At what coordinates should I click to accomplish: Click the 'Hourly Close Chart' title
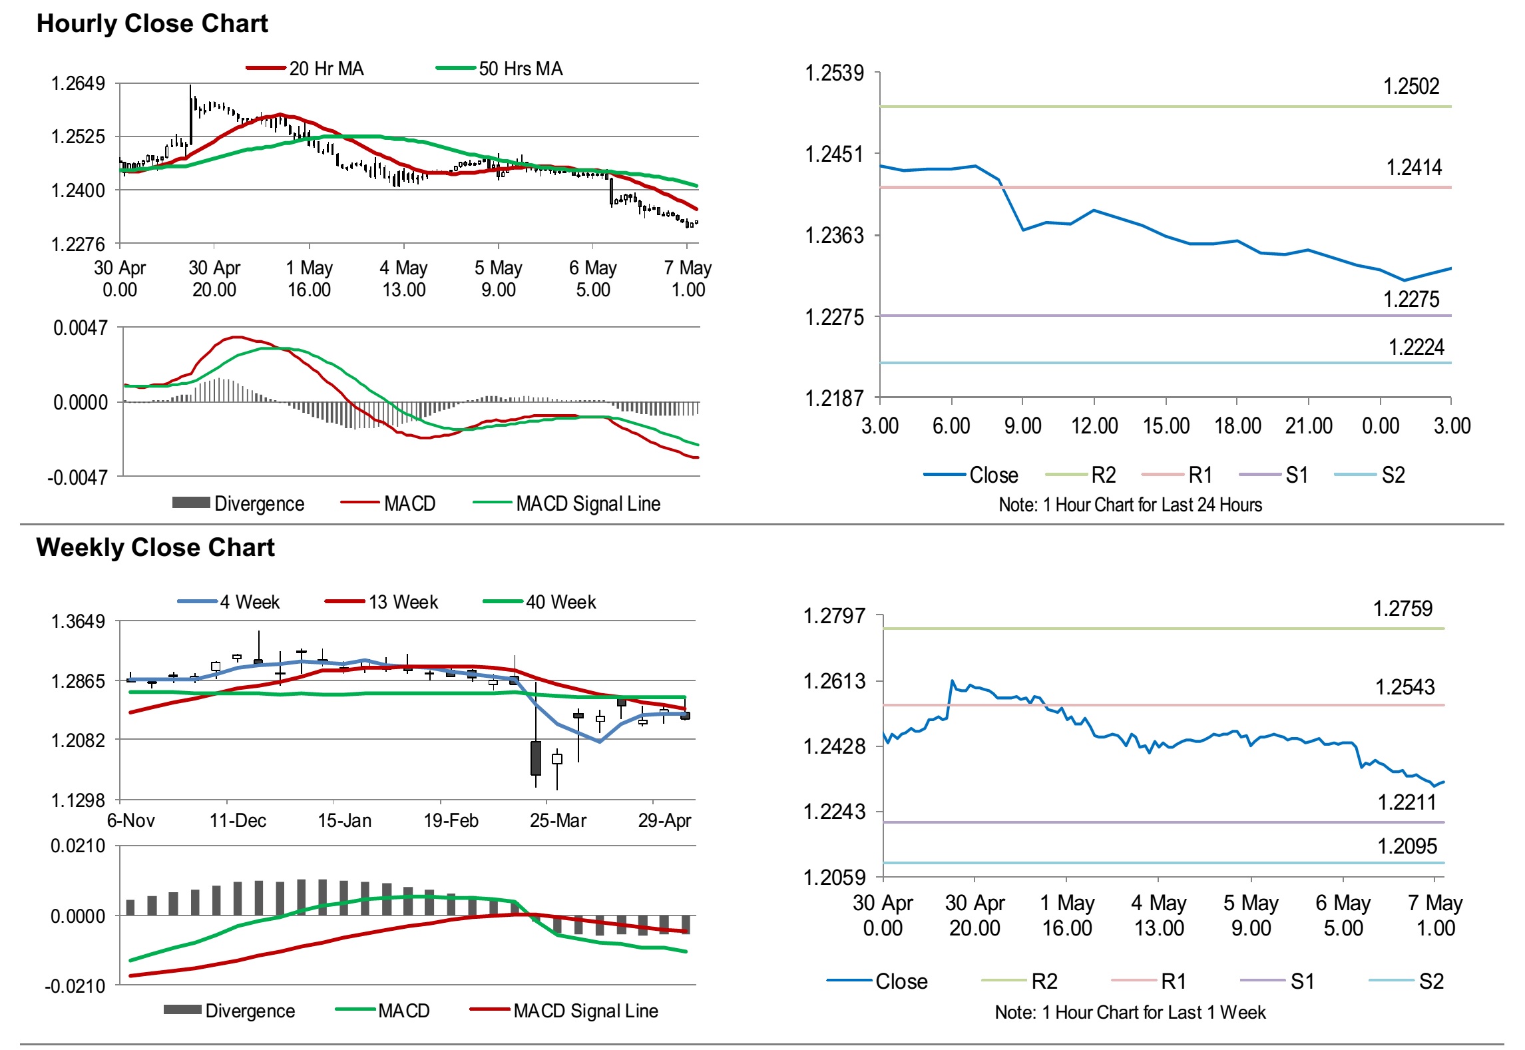coord(152,24)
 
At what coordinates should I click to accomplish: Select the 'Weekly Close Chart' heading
coord(155,547)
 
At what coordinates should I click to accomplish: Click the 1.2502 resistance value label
coord(1411,87)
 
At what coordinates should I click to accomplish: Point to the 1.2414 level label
coord(1413,168)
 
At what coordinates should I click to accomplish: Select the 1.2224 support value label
coord(1416,348)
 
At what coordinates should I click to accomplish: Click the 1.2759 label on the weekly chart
coord(1403,609)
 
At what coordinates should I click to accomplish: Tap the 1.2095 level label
coord(1407,846)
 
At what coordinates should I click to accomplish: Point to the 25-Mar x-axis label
coord(558,820)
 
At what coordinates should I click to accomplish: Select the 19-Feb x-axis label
coord(451,820)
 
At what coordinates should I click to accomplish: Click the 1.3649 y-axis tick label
coord(78,621)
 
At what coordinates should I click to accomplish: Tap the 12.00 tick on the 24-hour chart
coord(1094,426)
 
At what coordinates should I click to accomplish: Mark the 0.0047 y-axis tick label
coord(80,328)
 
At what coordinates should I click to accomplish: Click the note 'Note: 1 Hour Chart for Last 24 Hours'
coord(1130,505)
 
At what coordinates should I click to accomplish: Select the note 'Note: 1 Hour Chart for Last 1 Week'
coord(1130,1013)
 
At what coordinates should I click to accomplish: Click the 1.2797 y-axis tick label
coord(834,616)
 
